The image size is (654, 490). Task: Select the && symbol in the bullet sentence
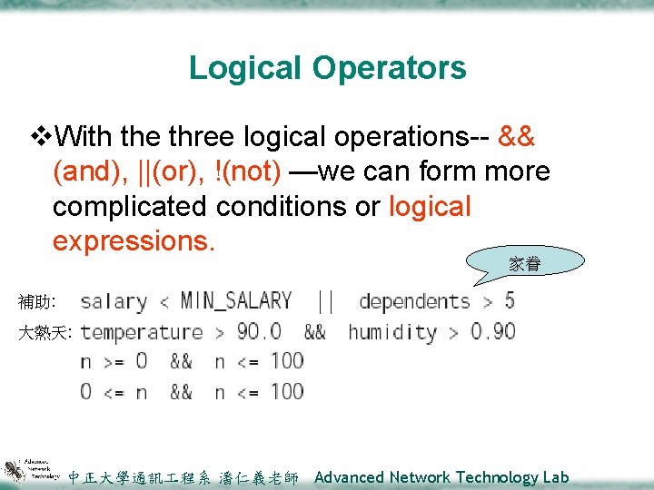517,136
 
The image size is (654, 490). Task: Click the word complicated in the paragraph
130,206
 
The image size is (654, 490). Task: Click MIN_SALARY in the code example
236,300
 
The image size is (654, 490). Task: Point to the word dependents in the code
414,300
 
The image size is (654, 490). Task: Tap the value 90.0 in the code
259,332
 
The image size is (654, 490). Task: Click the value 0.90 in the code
493,332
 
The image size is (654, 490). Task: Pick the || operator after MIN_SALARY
324,300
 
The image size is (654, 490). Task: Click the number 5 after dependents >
509,300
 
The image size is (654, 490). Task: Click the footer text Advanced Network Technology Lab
441,477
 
